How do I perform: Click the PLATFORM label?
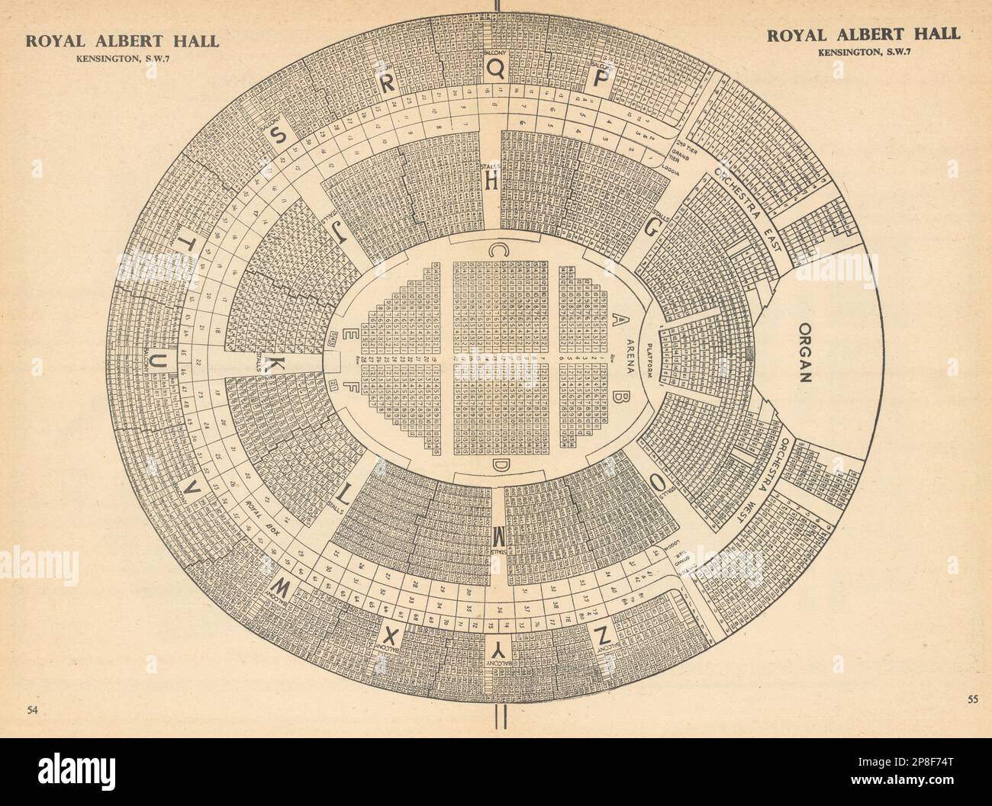(651, 358)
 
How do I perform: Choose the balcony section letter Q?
(496, 69)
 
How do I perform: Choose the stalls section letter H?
(492, 181)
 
